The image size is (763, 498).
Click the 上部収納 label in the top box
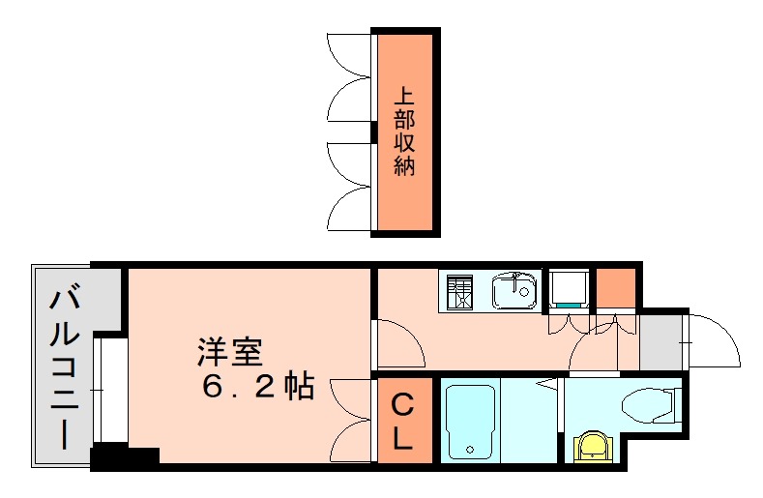click(404, 132)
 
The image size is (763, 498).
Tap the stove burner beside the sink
click(460, 290)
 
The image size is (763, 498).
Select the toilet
click(648, 404)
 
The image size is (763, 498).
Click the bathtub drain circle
click(469, 449)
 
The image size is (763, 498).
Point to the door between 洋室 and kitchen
click(396, 342)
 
